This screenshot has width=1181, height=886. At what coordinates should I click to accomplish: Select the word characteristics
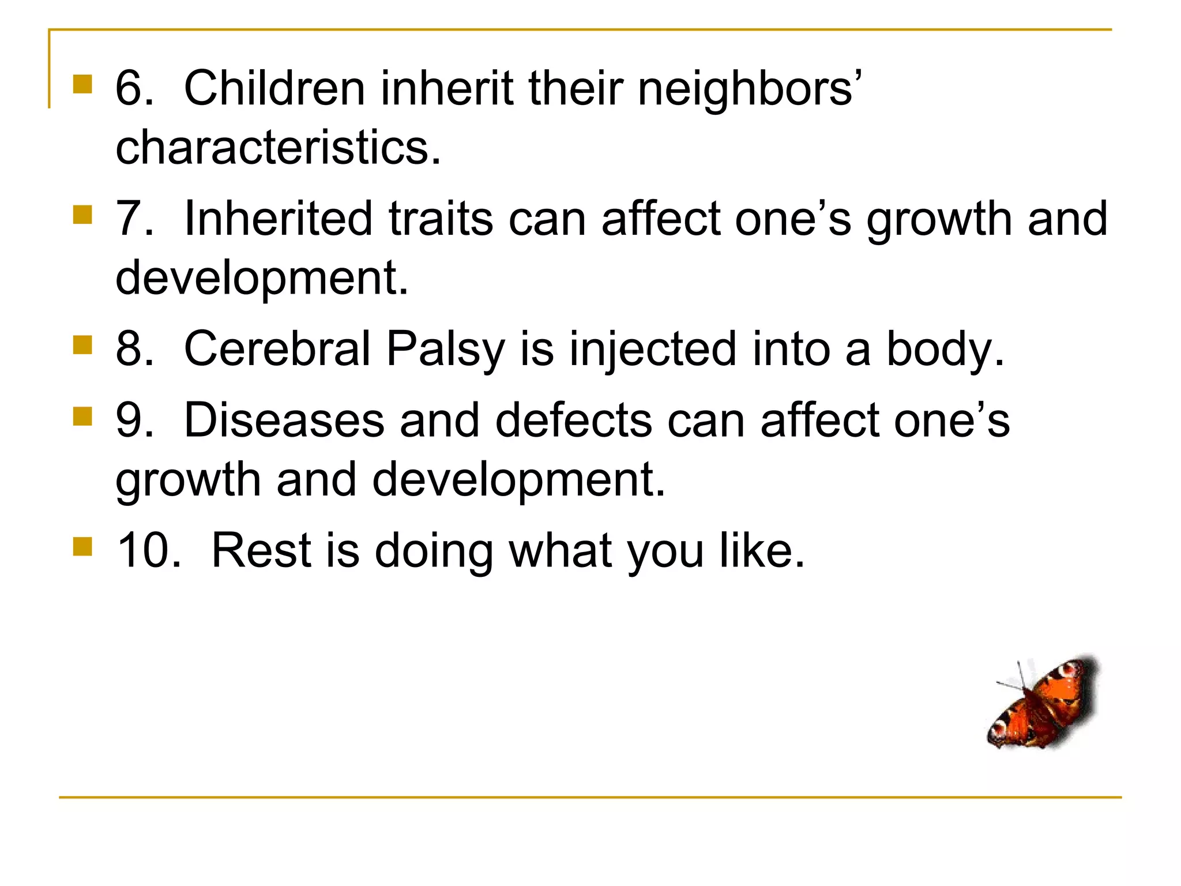[x=278, y=147]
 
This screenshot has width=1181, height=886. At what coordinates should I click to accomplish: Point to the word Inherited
[x=278, y=219]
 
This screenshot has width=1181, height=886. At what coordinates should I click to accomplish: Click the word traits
[x=441, y=219]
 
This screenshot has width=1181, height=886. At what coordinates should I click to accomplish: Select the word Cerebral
[x=277, y=348]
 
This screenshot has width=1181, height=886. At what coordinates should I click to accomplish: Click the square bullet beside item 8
[x=83, y=346]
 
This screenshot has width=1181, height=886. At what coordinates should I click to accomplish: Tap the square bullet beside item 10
[x=83, y=546]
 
